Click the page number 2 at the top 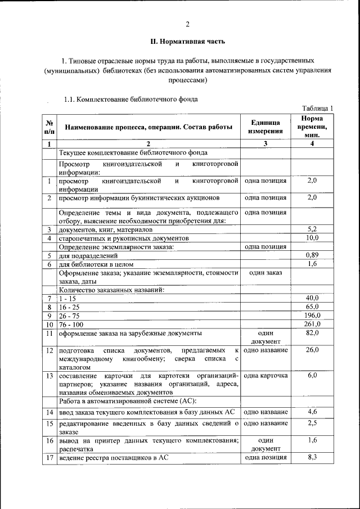pyautogui.click(x=188, y=24)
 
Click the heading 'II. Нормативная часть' pyautogui.click(x=188, y=41)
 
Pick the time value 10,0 pyautogui.click(x=313, y=238)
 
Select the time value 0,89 pyautogui.click(x=313, y=255)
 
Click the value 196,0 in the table pyautogui.click(x=312, y=316)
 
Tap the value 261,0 pyautogui.click(x=312, y=324)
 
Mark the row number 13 pyautogui.click(x=49, y=375)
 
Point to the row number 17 pyautogui.click(x=49, y=458)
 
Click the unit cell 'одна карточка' pyautogui.click(x=265, y=375)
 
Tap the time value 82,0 pyautogui.click(x=313, y=333)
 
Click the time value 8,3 pyautogui.click(x=313, y=458)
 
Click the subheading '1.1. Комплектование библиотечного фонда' pyautogui.click(x=130, y=100)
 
